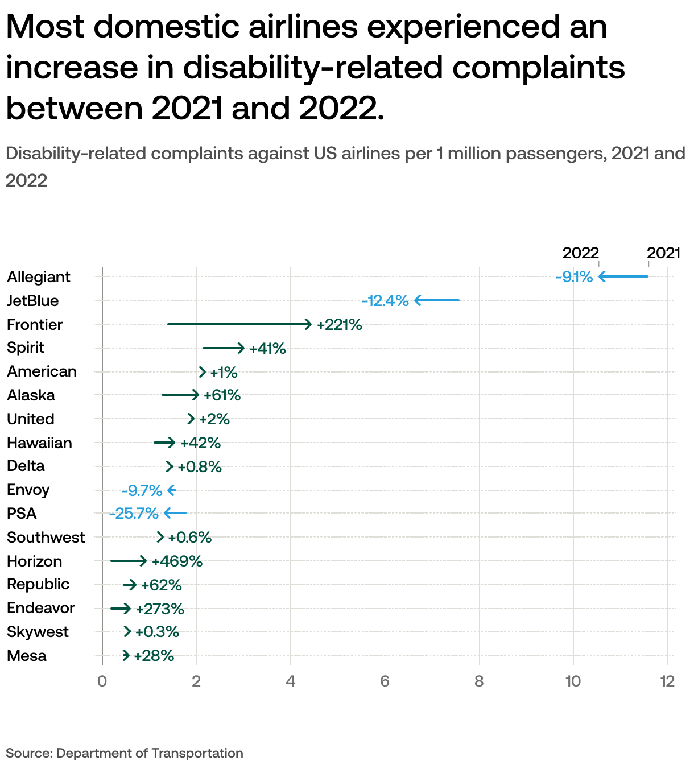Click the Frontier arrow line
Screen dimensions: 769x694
pos(239,324)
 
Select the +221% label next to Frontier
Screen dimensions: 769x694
pos(339,325)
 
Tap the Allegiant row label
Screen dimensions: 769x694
pos(39,277)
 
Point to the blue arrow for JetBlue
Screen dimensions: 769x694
pos(436,300)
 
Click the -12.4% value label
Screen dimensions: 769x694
pos(385,301)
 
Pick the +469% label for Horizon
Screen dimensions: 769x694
pos(177,561)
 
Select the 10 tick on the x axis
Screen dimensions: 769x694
pos(573,681)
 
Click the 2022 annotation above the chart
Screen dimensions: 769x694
pos(580,253)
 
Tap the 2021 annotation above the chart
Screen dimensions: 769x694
pos(663,253)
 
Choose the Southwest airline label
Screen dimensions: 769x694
pos(46,538)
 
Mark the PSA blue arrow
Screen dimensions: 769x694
pos(175,514)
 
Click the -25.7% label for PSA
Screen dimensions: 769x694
pos(134,514)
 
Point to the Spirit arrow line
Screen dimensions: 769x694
pos(223,348)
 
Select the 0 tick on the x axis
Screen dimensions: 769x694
pos(102,681)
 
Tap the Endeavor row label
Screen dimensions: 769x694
pos(41,608)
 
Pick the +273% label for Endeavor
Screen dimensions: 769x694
pos(160,609)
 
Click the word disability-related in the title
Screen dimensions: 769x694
pos(312,67)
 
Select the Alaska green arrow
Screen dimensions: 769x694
pos(180,395)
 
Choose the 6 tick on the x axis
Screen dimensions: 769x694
pos(385,681)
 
